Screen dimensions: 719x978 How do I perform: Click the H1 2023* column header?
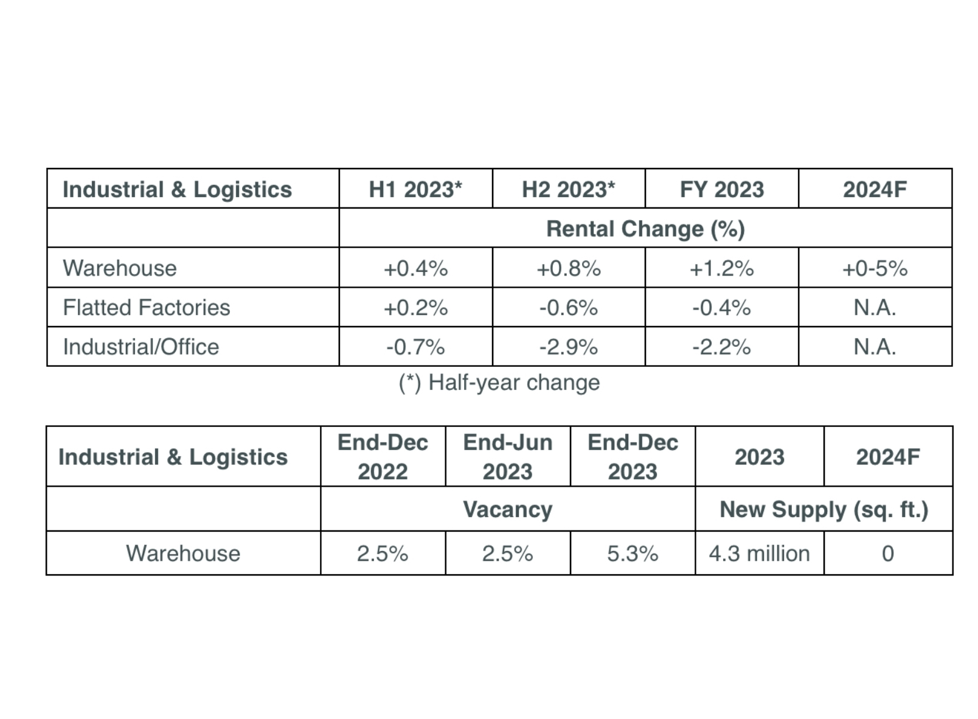[x=415, y=189]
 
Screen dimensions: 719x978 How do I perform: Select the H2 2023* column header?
[x=568, y=189]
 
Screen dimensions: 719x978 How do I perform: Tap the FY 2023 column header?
[x=721, y=189]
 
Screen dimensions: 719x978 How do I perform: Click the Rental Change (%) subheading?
[x=645, y=229]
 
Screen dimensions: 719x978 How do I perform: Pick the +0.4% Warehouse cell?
[x=415, y=268]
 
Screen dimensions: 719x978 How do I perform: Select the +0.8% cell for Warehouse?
[x=568, y=268]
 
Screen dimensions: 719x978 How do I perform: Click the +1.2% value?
[x=721, y=268]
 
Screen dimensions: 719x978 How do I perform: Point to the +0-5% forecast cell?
[x=875, y=268]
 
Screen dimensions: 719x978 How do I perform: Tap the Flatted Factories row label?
[x=147, y=308]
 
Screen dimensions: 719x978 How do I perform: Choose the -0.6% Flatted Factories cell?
[x=568, y=308]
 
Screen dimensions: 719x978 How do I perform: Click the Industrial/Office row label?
[x=141, y=347]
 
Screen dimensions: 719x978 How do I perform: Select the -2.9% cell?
[x=568, y=347]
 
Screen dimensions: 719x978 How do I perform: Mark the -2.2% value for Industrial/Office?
[x=721, y=347]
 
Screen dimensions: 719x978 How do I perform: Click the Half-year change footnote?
[x=499, y=383]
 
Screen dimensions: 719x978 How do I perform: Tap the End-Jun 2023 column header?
[x=507, y=457]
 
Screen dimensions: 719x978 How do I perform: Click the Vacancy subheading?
[x=507, y=509]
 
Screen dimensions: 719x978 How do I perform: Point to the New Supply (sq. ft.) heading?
[x=824, y=509]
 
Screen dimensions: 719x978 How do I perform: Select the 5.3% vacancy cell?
[x=633, y=554]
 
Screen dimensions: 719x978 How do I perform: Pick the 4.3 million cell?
[x=759, y=554]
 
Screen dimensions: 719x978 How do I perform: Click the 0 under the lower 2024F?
[x=887, y=554]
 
